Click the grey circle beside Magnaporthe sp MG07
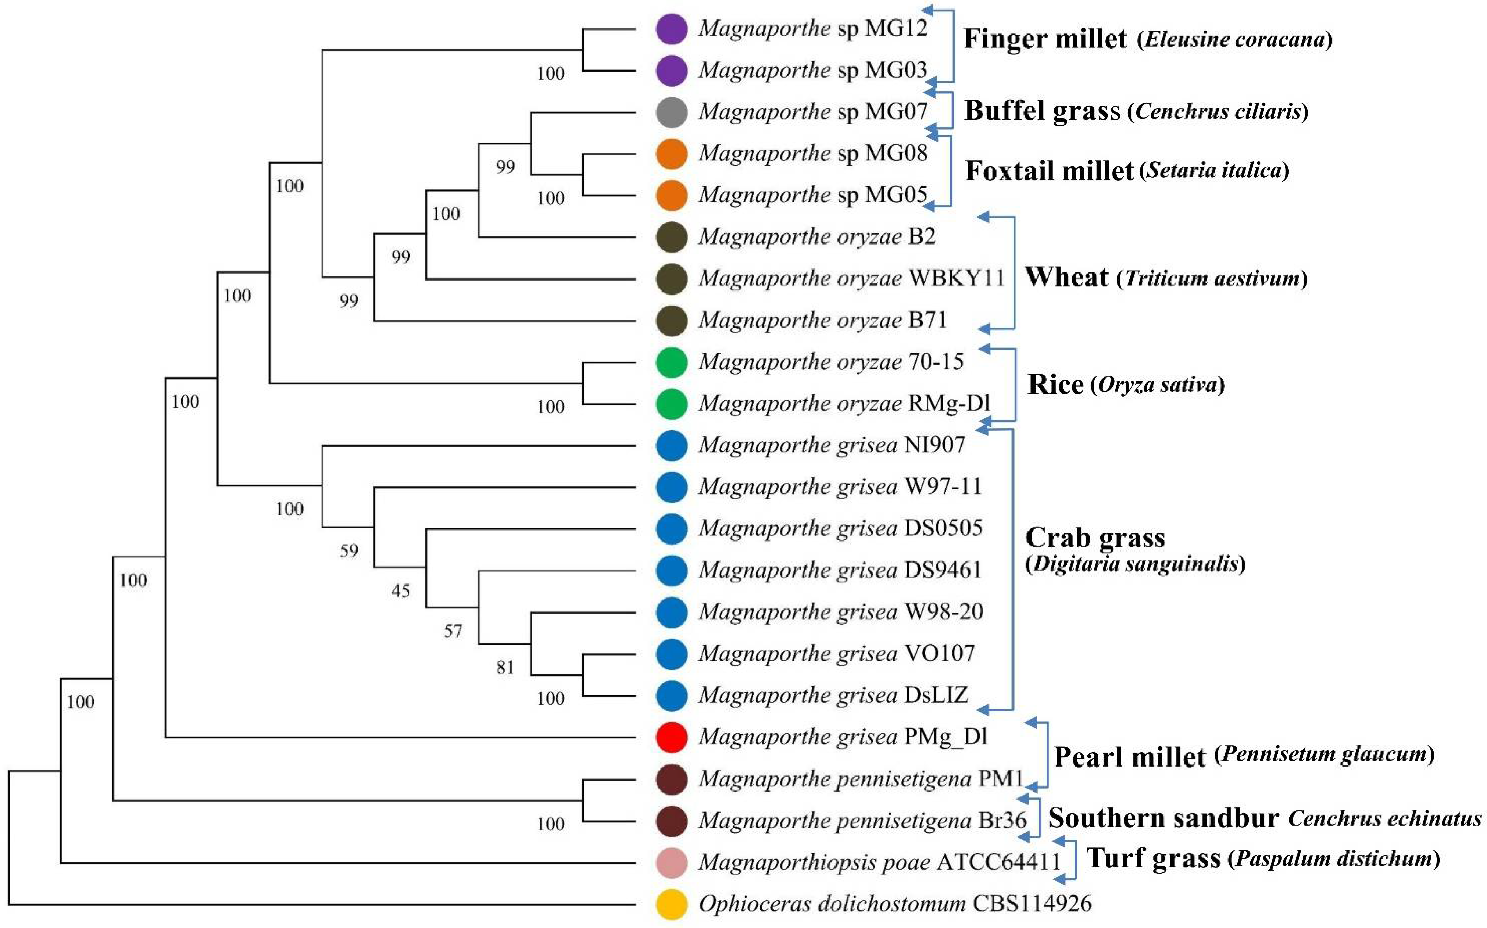(x=671, y=112)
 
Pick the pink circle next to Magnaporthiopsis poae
(x=671, y=862)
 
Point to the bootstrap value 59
(x=348, y=550)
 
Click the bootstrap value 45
(x=401, y=590)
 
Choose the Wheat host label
(x=1066, y=278)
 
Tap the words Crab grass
(x=1095, y=538)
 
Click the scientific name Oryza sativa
(x=1158, y=385)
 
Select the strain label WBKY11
(x=956, y=278)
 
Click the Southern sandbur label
(x=1163, y=818)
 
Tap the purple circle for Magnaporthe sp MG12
(x=671, y=29)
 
